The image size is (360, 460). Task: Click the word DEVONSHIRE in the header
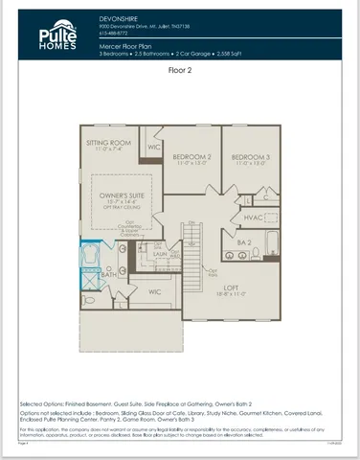click(119, 18)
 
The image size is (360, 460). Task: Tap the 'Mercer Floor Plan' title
click(129, 45)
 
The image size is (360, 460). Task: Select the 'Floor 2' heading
click(181, 70)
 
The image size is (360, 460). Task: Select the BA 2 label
click(245, 243)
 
